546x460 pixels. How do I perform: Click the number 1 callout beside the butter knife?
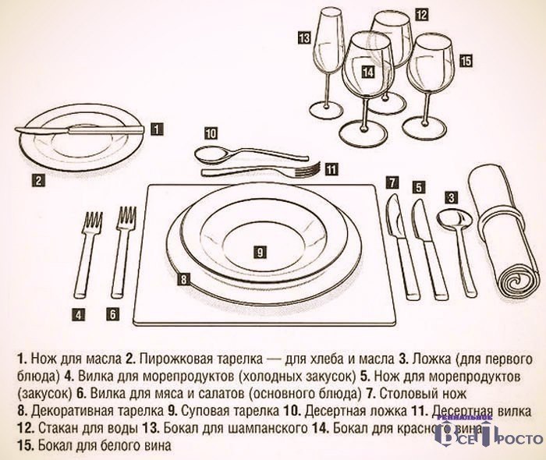point(157,129)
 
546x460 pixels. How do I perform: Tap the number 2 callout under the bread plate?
point(38,181)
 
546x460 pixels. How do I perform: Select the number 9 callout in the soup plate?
point(260,252)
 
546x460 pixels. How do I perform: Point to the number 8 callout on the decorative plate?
point(183,279)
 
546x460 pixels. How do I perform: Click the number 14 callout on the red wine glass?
point(367,72)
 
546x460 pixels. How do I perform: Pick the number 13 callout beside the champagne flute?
point(304,37)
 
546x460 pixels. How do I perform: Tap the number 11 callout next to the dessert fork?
point(331,169)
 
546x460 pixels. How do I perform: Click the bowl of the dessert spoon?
point(210,154)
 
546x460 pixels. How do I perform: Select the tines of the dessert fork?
point(308,169)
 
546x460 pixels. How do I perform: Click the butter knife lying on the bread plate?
point(79,130)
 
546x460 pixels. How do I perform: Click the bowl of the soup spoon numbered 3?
point(454,219)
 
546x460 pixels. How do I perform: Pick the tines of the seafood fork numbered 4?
point(92,222)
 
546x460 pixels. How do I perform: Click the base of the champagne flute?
point(325,110)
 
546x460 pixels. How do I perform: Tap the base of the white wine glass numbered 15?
point(424,129)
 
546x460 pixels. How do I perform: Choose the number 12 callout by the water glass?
point(420,15)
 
